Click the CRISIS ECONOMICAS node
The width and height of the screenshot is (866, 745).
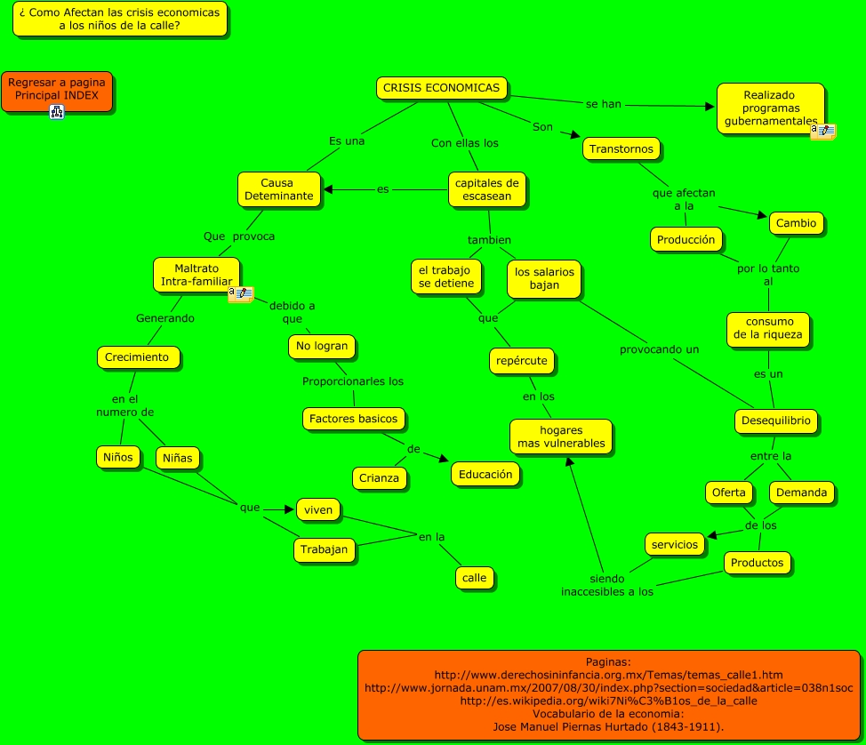tap(442, 88)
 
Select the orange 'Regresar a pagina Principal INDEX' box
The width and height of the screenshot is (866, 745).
tap(57, 88)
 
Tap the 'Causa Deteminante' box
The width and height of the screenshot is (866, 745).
tap(278, 189)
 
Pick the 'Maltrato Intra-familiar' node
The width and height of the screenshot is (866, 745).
tap(196, 275)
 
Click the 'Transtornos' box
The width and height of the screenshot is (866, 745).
tap(621, 148)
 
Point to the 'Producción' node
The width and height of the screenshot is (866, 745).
tap(686, 239)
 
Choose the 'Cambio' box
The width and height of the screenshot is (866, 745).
tap(796, 223)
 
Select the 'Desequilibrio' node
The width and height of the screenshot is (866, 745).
tap(776, 421)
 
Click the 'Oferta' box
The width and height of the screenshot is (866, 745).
tap(729, 492)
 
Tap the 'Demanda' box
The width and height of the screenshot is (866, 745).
tap(801, 492)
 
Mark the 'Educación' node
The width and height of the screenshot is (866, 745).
tap(485, 474)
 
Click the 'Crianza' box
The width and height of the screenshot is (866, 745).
tap(380, 478)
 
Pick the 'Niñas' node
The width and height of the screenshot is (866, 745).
tap(178, 458)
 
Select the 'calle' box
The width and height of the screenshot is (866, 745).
tap(475, 577)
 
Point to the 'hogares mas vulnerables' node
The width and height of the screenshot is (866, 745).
tap(561, 437)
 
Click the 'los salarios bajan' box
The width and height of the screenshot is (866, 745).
tap(545, 278)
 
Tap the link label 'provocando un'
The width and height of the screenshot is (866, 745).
tap(660, 349)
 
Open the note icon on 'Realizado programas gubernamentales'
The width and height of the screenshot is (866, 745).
tap(822, 132)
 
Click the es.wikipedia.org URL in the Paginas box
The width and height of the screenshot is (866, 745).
tap(608, 701)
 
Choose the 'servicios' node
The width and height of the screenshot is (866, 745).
tap(675, 544)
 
